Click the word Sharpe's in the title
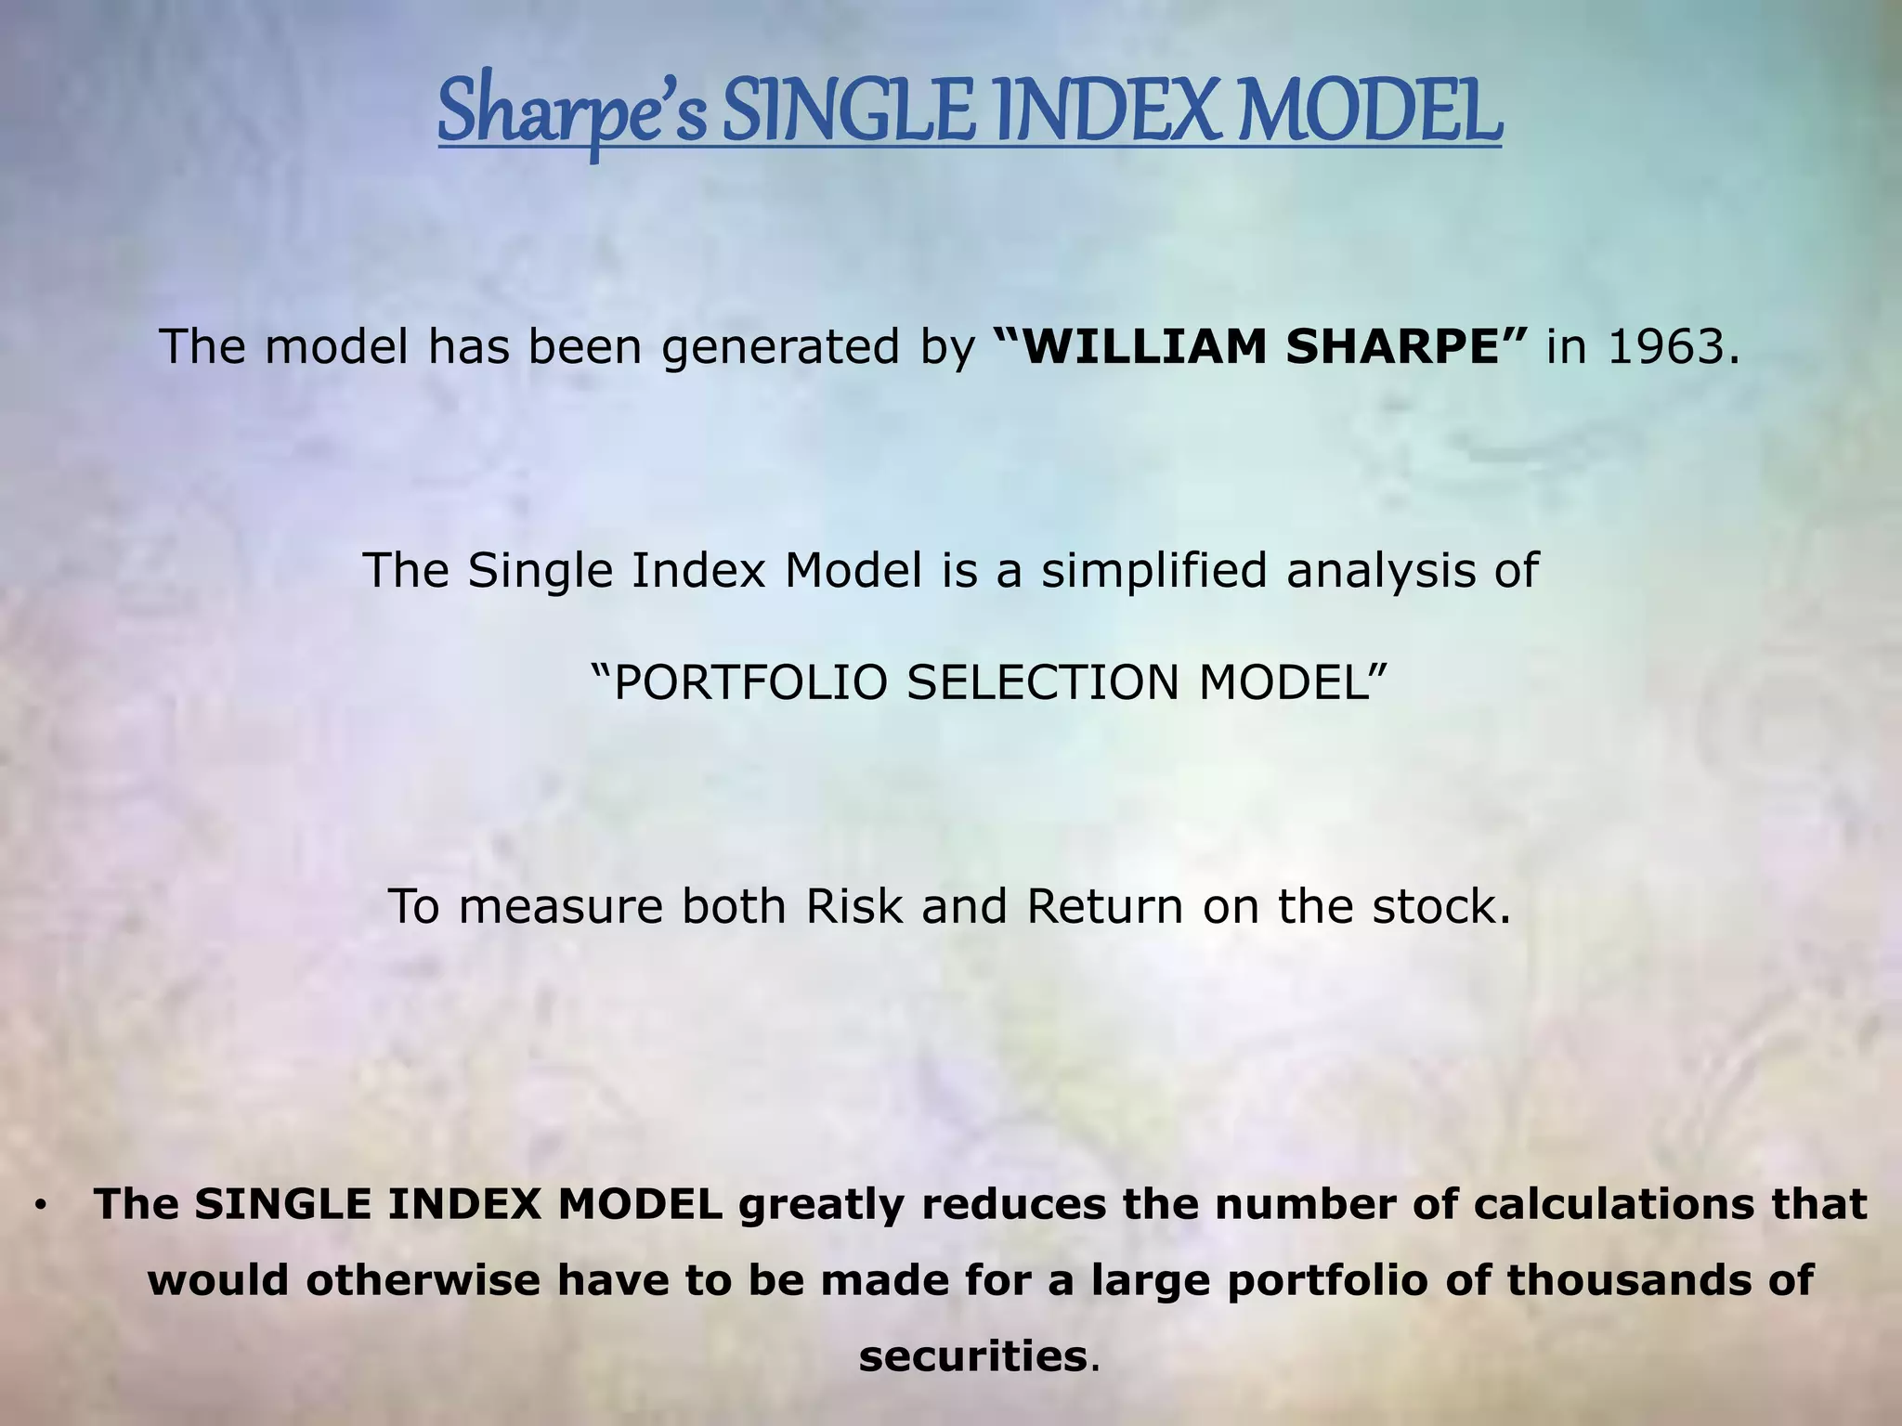(x=572, y=114)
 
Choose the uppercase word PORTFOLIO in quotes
(x=749, y=683)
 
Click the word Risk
(x=853, y=906)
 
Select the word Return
(x=1104, y=906)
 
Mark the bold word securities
(x=971, y=1356)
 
